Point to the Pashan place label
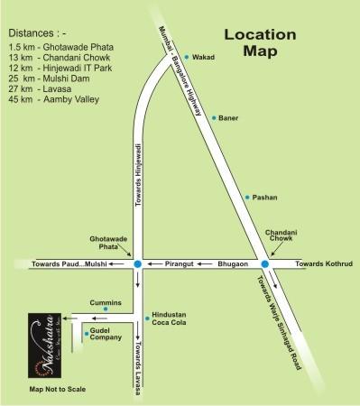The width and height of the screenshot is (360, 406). [x=265, y=197]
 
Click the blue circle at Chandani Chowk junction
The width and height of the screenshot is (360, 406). [x=264, y=264]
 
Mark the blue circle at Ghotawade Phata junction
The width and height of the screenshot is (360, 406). [x=137, y=264]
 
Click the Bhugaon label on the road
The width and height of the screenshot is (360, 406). [x=232, y=264]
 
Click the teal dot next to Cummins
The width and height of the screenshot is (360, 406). [x=106, y=310]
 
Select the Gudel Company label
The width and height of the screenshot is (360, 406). [x=106, y=335]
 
